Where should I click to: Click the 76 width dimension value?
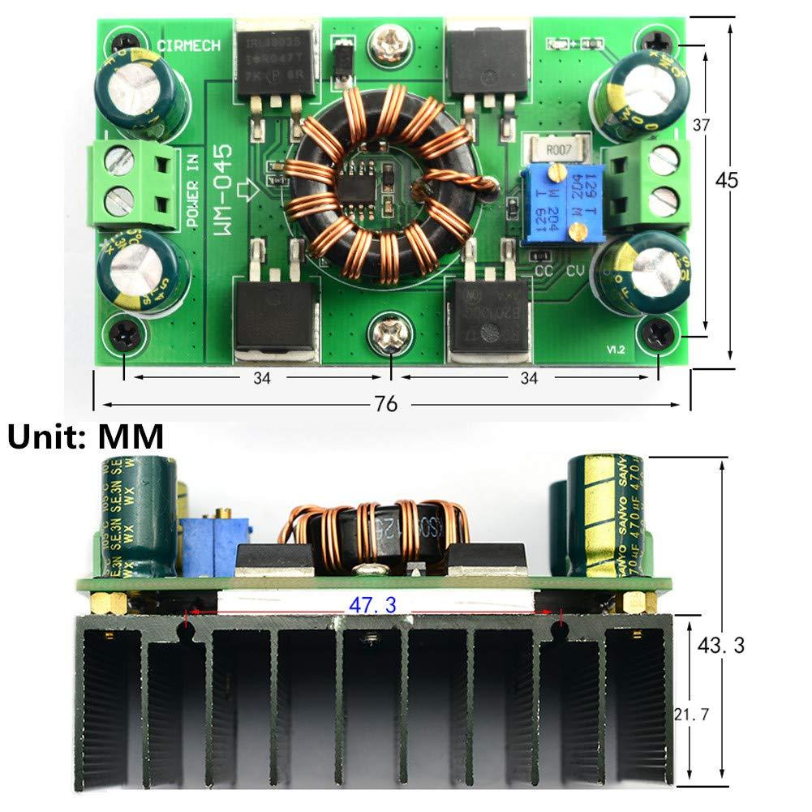coord(388,403)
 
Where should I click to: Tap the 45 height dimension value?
coord(727,180)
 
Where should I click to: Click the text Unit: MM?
coord(85,437)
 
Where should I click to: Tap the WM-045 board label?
coord(225,191)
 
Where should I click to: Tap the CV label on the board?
coord(574,271)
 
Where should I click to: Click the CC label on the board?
coord(544,271)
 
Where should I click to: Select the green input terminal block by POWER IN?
coord(133,182)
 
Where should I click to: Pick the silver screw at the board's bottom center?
coord(389,333)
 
